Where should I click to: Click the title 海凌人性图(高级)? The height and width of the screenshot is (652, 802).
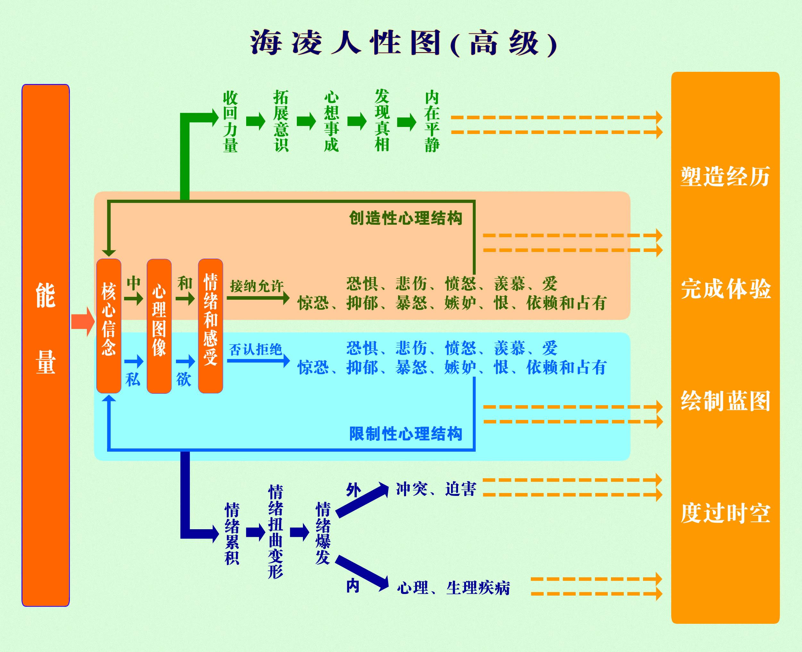pos(403,43)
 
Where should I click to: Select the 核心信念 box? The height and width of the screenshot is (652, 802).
pos(109,326)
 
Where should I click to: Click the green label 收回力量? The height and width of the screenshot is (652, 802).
pos(230,121)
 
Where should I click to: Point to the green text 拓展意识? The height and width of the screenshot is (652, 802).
pos(281,121)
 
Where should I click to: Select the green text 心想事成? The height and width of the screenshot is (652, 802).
pos(331,121)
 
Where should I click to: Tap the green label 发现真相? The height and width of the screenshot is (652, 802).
pos(382,121)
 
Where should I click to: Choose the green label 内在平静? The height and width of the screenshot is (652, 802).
pos(432,121)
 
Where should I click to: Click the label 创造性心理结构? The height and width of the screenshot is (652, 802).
pos(405,218)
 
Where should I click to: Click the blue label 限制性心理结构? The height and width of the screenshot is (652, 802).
pos(405,434)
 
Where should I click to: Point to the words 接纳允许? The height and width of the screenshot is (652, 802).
pos(256,286)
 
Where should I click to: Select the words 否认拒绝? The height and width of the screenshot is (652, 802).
pos(255,350)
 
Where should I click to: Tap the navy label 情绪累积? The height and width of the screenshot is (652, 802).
pos(232,533)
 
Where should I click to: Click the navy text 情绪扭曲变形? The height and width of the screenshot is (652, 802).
pos(275,531)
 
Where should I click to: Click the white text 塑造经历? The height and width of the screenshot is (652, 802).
pos(725,177)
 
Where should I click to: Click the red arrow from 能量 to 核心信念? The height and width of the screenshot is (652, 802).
pos(83,322)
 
